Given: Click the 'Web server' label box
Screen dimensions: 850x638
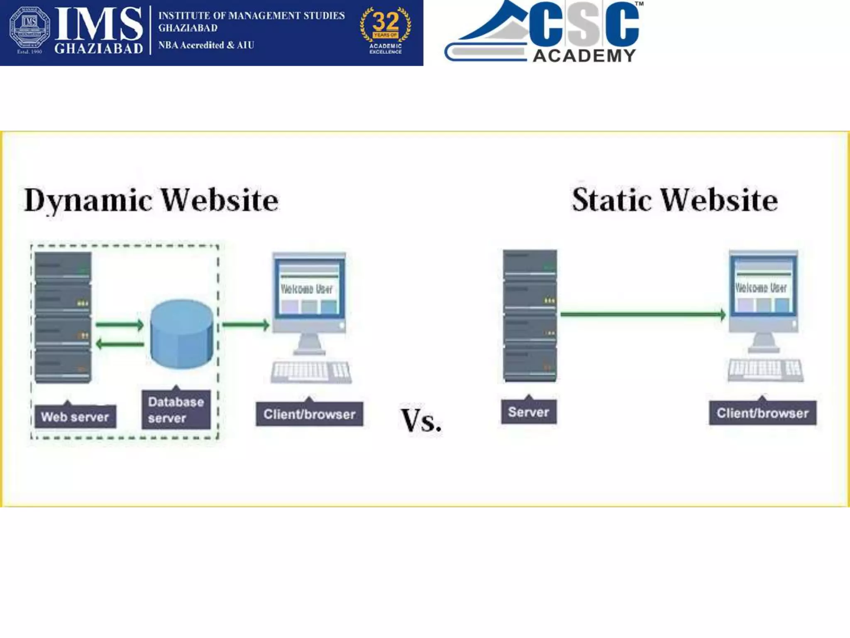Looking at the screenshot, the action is tap(75, 416).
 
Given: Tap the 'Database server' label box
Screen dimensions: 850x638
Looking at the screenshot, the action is tap(176, 410).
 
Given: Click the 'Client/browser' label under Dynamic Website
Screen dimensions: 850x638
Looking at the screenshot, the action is tap(309, 414).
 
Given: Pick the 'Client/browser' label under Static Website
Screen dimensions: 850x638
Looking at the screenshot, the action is tap(762, 413).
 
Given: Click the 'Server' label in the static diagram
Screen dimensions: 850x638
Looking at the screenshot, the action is tap(528, 412).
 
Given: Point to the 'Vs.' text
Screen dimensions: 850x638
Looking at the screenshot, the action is tap(420, 420).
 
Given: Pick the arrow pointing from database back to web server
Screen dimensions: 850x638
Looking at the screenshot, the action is tap(120, 344).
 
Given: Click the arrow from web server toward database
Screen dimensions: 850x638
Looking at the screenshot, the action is tap(120, 325).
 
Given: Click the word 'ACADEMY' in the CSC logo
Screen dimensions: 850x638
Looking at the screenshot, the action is tap(584, 56).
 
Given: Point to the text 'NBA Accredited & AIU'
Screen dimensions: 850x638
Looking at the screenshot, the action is tap(206, 45).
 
